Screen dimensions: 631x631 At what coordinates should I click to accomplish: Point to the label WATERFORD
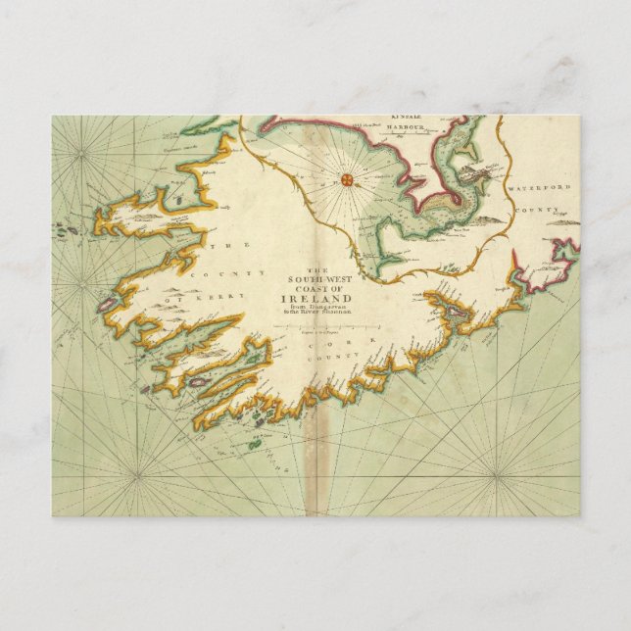coord(538,186)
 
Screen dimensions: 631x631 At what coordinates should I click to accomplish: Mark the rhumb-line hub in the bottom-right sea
coord(495,476)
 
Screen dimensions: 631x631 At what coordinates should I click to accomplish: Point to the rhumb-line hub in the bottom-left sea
coord(135,476)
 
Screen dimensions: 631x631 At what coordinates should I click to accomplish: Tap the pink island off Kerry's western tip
coord(107,306)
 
